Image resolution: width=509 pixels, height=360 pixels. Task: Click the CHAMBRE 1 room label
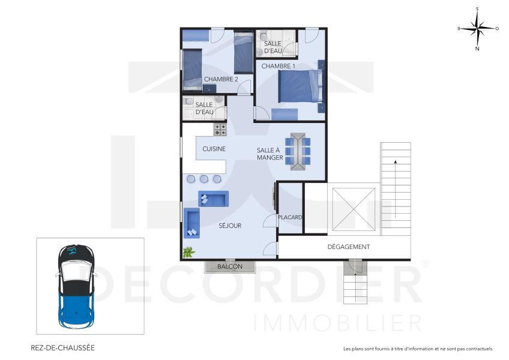[x=278, y=66]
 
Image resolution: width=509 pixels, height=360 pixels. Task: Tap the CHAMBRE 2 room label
[x=221, y=79]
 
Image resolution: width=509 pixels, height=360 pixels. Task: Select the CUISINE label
[x=214, y=149]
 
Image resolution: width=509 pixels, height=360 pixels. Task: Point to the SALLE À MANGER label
[x=270, y=154]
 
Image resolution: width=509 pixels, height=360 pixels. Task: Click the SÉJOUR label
[x=230, y=226]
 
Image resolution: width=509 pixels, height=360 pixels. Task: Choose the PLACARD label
[x=290, y=218]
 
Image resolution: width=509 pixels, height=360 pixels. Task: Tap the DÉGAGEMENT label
[x=348, y=247]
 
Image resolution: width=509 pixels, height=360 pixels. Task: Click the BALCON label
[x=230, y=266]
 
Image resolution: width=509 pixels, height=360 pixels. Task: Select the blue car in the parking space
[x=76, y=284]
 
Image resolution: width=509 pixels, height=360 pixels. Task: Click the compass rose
[x=477, y=28]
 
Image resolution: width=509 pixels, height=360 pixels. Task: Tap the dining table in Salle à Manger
[x=298, y=151]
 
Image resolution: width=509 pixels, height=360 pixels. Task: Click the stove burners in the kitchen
[x=220, y=130]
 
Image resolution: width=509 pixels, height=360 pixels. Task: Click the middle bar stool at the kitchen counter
[x=204, y=179]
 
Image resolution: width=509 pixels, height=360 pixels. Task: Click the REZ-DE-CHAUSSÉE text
[x=62, y=347]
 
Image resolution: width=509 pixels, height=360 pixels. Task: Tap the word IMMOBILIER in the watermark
[x=338, y=323]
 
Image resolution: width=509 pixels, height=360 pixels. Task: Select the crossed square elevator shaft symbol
[x=353, y=208]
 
